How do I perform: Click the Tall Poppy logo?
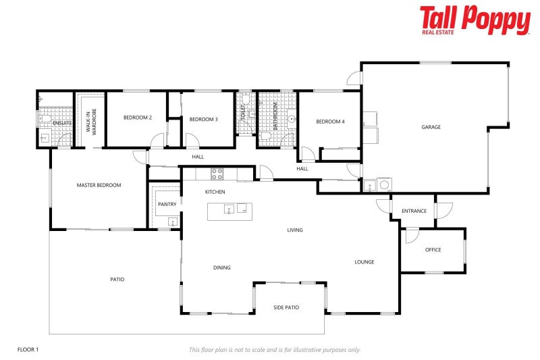[x=475, y=20]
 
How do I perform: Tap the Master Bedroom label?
[x=99, y=185]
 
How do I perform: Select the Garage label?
[x=431, y=127]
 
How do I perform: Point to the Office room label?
[x=433, y=250]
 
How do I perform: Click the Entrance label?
[x=414, y=211]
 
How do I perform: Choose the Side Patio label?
[x=286, y=307]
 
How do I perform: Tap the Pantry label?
[x=167, y=204]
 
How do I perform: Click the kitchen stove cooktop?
[x=217, y=174]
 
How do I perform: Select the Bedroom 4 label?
[x=330, y=122]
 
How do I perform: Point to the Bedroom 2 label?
[x=137, y=118]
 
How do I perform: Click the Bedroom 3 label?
[x=203, y=120]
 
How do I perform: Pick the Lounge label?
[x=364, y=262]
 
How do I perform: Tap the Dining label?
[x=222, y=267]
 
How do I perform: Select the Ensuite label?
[x=62, y=123]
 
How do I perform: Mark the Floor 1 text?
[x=28, y=349]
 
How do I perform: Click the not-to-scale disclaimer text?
[x=275, y=349]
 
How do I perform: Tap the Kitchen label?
[x=215, y=192]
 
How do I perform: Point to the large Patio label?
[x=117, y=279]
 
